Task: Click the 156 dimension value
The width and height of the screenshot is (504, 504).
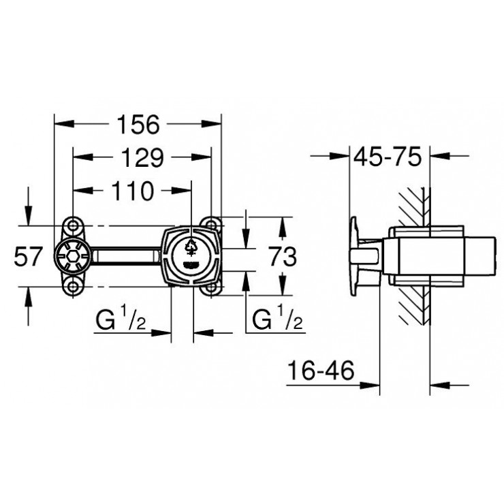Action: (139, 125)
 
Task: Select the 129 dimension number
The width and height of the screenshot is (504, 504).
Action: (143, 158)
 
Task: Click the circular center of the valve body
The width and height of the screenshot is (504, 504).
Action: (192, 256)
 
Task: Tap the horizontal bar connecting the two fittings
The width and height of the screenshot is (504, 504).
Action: (126, 257)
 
